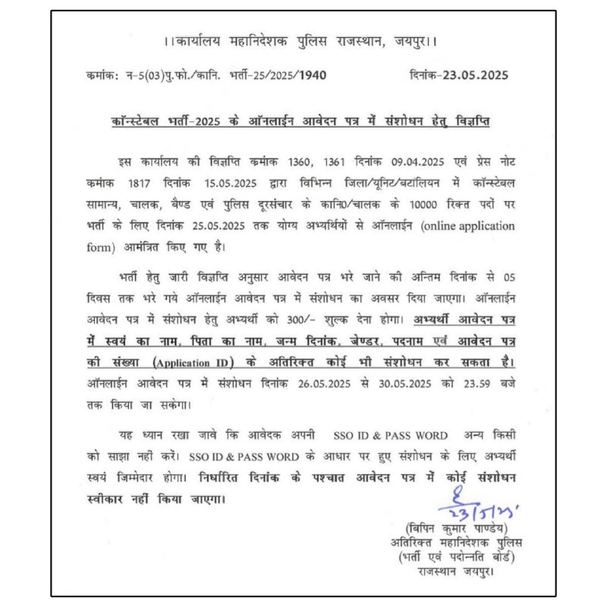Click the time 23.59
click(474, 382)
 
